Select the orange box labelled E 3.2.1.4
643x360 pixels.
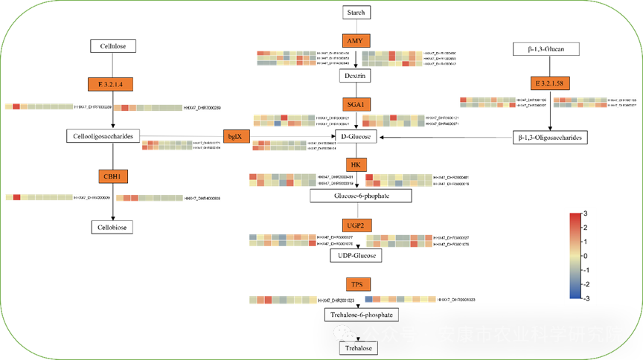point(110,84)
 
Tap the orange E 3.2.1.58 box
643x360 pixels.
point(551,83)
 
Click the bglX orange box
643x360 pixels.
point(234,136)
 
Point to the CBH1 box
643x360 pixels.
point(115,176)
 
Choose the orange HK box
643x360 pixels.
point(356,164)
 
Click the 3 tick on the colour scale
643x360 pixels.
point(585,214)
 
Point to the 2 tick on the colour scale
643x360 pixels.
point(585,228)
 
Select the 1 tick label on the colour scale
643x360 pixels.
point(585,242)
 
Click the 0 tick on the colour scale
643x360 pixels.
point(585,256)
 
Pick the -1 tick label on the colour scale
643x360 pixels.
point(585,270)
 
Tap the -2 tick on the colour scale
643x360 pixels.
point(585,284)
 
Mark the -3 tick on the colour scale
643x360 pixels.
point(585,298)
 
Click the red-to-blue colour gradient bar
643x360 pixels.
point(575,256)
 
